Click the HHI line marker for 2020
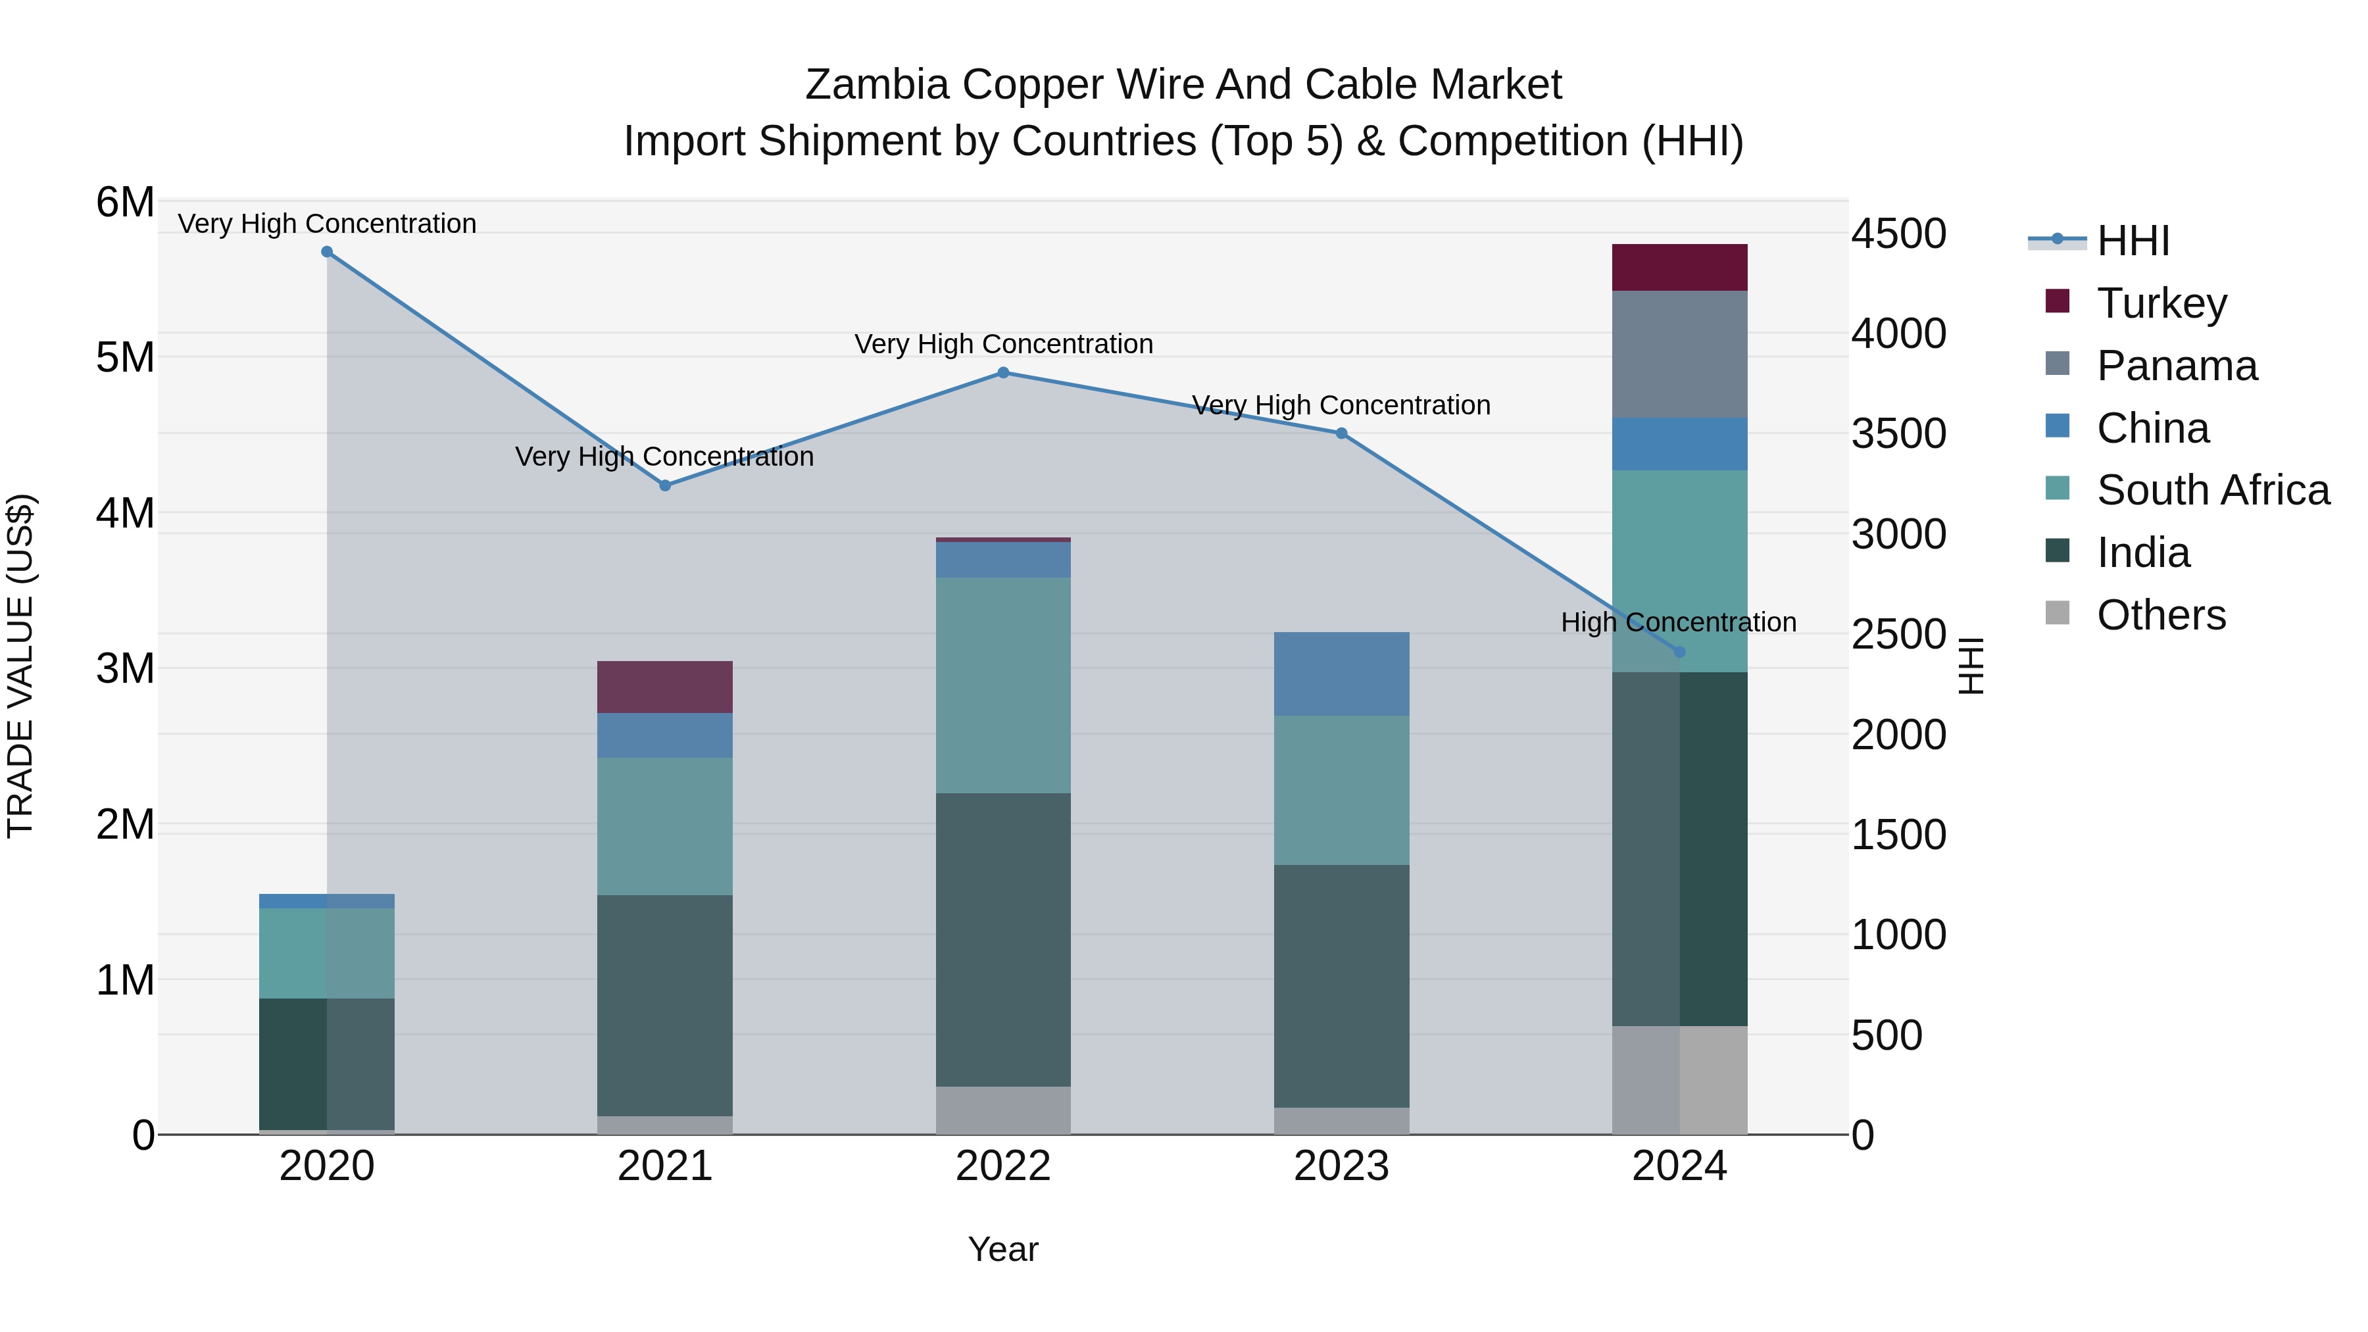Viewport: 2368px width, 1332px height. [326, 252]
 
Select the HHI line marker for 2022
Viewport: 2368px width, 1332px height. [1003, 373]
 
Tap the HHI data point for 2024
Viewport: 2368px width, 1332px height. [1679, 652]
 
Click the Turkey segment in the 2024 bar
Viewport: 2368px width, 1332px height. [1679, 268]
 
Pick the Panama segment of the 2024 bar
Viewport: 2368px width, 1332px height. [1679, 355]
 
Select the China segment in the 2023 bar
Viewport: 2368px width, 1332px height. [1341, 674]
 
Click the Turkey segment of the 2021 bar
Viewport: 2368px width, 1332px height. [664, 687]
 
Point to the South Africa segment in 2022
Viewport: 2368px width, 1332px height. [1003, 685]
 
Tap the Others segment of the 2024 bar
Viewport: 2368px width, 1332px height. [1679, 1080]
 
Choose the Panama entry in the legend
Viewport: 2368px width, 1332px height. [2177, 366]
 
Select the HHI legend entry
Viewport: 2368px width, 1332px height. [2133, 241]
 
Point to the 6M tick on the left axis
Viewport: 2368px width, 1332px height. [125, 202]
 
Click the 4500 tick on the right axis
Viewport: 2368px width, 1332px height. [1898, 234]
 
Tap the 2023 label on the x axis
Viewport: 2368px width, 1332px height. [1341, 1166]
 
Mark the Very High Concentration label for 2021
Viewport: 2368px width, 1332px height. [664, 457]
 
